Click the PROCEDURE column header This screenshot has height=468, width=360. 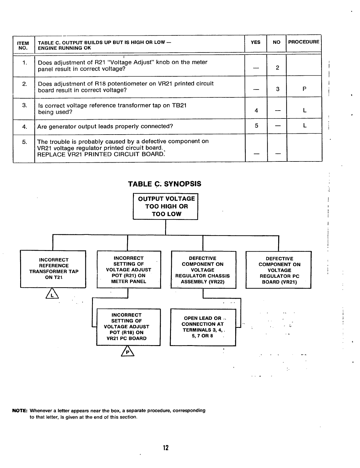pos(304,42)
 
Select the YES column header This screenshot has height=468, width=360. pos(255,42)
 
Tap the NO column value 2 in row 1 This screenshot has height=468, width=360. pos(277,68)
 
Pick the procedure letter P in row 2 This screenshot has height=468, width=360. pos(304,89)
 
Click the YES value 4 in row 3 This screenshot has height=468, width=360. pos(256,111)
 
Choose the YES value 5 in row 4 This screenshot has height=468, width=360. pos(256,126)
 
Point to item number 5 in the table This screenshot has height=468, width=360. pos(25,142)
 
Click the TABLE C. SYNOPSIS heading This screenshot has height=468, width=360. pos(165,184)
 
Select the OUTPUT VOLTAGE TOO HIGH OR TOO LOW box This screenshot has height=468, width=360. pos(166,206)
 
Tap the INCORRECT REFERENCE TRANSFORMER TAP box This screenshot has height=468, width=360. pos(53,269)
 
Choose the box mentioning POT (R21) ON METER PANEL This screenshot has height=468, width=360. pos(129,270)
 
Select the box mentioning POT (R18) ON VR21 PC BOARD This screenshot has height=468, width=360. pos(129,327)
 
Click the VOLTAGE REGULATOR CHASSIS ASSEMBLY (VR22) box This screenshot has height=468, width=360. pos(203,270)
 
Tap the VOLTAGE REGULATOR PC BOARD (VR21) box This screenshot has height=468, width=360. pos(278,270)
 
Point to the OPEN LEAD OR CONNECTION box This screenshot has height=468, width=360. pos(203,327)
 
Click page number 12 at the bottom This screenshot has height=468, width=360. pos(166,448)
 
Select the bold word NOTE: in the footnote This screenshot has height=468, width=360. pos(20,411)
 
